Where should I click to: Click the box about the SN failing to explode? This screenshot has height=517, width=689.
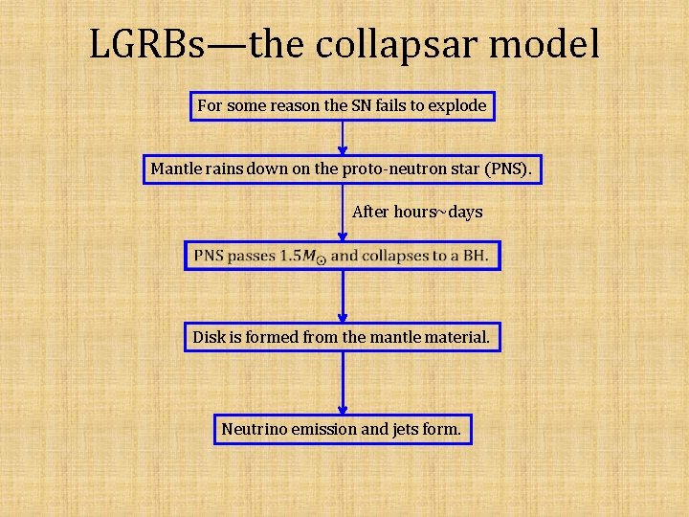[343, 106]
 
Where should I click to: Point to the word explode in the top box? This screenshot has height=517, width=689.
[456, 106]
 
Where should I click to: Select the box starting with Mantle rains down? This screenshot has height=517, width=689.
[343, 170]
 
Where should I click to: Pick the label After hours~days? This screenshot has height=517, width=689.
[417, 212]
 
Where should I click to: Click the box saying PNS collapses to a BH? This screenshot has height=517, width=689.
[343, 256]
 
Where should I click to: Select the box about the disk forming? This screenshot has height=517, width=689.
[343, 337]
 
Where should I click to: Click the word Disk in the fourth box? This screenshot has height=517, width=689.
[209, 337]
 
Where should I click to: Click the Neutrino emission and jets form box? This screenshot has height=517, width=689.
[342, 429]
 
